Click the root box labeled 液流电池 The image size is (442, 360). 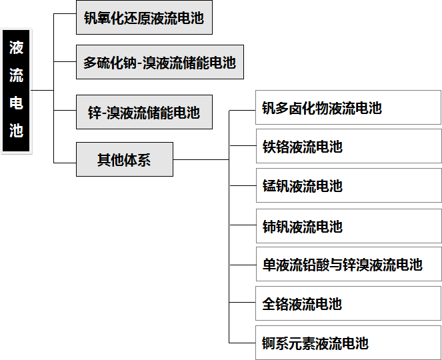(x=17, y=91)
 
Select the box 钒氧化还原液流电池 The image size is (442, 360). (x=144, y=18)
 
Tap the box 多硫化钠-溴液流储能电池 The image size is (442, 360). (x=160, y=63)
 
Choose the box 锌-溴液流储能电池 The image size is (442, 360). (x=144, y=112)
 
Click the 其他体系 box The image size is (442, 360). (x=124, y=159)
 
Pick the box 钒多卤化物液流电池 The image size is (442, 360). (x=348, y=108)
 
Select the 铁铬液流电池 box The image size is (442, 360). (x=348, y=147)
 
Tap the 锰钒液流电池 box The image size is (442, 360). (x=348, y=186)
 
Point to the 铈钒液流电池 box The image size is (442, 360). (x=348, y=226)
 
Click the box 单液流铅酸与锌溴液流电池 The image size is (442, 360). (x=348, y=265)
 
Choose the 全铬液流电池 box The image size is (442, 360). (x=348, y=304)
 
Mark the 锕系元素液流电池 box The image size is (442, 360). (x=348, y=343)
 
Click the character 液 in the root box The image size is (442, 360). (x=17, y=48)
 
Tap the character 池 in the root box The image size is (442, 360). (x=17, y=131)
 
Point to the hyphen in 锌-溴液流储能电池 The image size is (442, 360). (x=104, y=113)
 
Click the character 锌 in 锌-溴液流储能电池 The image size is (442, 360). (x=95, y=113)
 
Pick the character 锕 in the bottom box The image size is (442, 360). (x=269, y=344)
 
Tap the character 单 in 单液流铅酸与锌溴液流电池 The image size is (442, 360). (x=269, y=265)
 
